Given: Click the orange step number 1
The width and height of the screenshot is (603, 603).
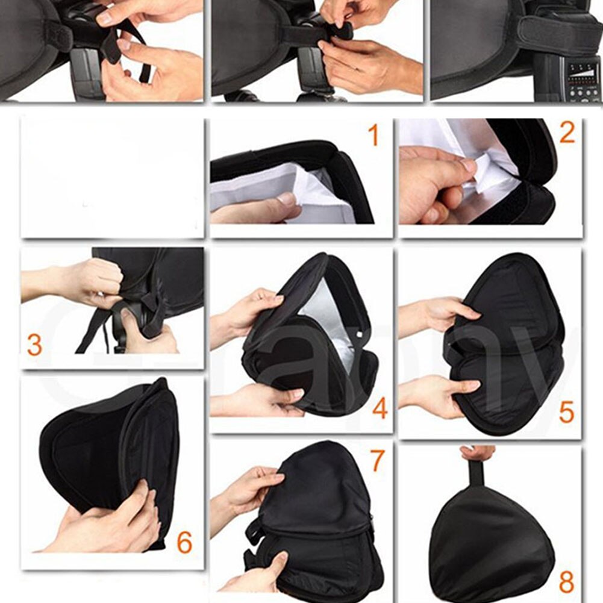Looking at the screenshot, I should [x=373, y=136].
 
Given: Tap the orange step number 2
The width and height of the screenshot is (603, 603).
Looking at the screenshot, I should [x=566, y=133].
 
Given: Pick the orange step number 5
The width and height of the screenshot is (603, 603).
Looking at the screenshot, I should [x=566, y=413].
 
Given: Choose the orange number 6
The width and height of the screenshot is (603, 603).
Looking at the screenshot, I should [x=184, y=543].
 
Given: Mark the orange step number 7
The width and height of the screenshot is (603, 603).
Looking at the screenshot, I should [x=377, y=461].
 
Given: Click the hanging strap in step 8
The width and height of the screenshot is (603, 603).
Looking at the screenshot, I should [x=476, y=473].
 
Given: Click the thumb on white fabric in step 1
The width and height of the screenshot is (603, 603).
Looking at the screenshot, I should [x=283, y=202].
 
